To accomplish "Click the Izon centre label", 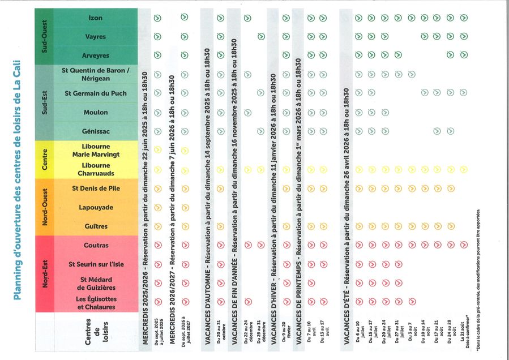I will pyautogui.click(x=96, y=18).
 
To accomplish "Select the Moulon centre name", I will pyautogui.click(x=96, y=112).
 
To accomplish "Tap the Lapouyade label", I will pyautogui.click(x=96, y=207).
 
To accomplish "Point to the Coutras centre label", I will pyautogui.click(x=96, y=245).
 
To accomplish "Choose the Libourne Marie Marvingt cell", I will pyautogui.click(x=96, y=150).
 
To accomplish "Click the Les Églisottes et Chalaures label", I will pyautogui.click(x=96, y=303).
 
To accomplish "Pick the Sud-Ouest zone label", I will pyautogui.click(x=45, y=37).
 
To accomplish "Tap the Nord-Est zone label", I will pyautogui.click(x=45, y=274).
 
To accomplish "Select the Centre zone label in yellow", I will pyautogui.click(x=45, y=160).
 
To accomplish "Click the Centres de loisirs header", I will pyautogui.click(x=96, y=335).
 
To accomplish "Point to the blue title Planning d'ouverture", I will pyautogui.click(x=16, y=180).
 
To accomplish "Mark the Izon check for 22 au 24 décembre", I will pyautogui.click(x=247, y=18).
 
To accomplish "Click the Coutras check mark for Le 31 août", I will pyautogui.click(x=464, y=245).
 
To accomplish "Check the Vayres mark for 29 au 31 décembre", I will pyautogui.click(x=260, y=37).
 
